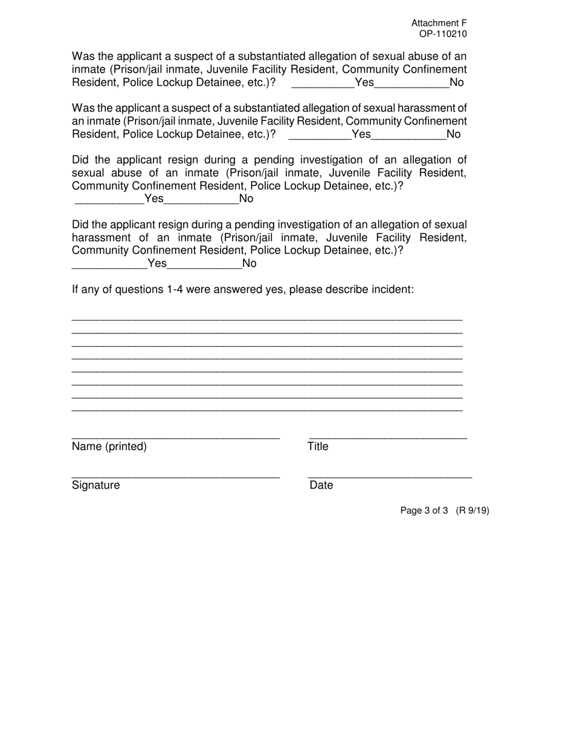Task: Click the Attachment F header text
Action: click(x=439, y=23)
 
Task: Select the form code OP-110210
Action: click(x=442, y=34)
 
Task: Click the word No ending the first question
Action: click(x=457, y=83)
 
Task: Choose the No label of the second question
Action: click(x=453, y=134)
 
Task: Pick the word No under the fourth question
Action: click(x=250, y=263)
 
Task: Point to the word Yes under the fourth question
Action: click(x=157, y=263)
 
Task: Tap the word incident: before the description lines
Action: click(x=391, y=289)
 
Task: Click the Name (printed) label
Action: click(x=109, y=446)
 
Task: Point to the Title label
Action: click(x=318, y=446)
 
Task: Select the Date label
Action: click(x=321, y=485)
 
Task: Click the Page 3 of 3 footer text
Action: click(x=424, y=510)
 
